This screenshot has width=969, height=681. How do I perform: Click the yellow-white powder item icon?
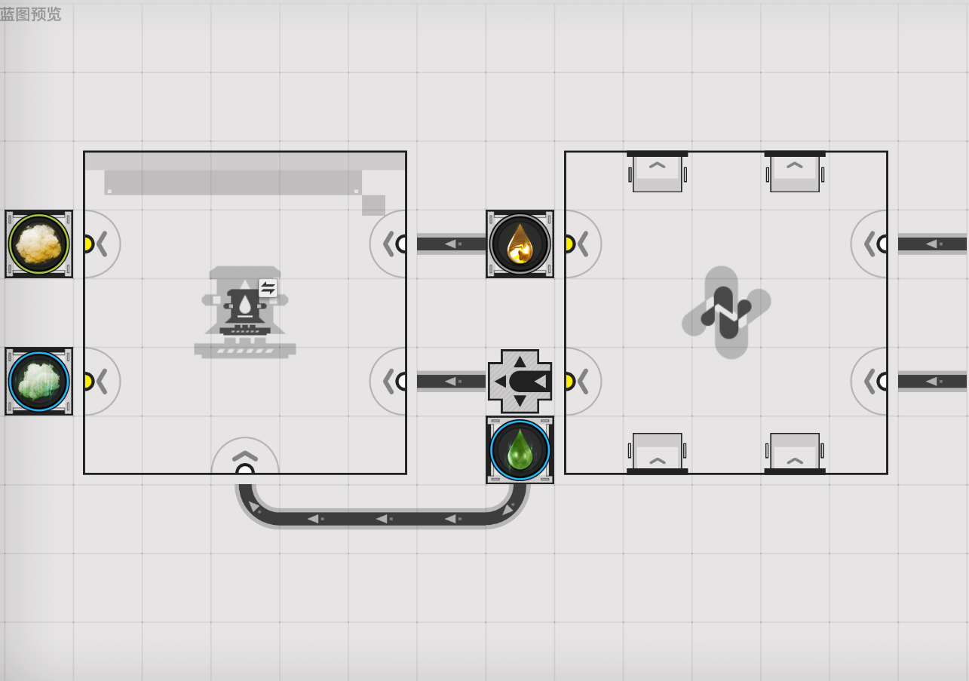click(x=38, y=244)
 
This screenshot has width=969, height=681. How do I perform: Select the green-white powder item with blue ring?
click(x=38, y=381)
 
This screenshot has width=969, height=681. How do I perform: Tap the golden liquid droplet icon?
click(x=520, y=244)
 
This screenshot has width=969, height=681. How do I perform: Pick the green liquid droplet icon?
click(x=520, y=450)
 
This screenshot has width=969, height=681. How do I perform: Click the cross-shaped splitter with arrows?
click(x=520, y=381)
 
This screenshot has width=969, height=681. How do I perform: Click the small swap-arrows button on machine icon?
click(x=268, y=288)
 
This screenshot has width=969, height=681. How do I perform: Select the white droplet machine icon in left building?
click(x=245, y=312)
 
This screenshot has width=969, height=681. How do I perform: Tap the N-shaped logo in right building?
click(x=726, y=312)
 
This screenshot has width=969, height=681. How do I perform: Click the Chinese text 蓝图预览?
click(x=30, y=14)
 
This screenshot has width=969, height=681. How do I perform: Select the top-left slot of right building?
click(x=657, y=172)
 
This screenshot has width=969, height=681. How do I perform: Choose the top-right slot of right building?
click(x=795, y=172)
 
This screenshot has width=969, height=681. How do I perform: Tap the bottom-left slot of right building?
click(x=657, y=453)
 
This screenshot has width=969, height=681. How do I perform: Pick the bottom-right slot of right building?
click(x=795, y=453)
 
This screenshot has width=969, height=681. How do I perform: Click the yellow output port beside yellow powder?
click(x=88, y=244)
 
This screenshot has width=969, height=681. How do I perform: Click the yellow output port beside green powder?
click(x=88, y=381)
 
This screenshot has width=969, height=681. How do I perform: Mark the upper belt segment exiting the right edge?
click(x=932, y=244)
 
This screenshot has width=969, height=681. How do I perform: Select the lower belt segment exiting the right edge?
click(x=932, y=381)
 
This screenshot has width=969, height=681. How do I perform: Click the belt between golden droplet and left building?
click(x=452, y=244)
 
